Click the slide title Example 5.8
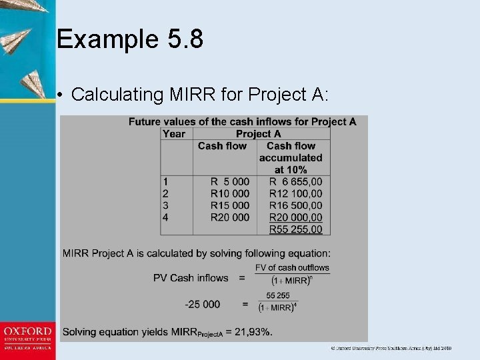pos(130,39)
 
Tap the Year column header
pos(174,133)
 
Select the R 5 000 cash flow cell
pos(230,181)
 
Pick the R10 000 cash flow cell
pos(230,193)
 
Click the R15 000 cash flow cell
pos(230,205)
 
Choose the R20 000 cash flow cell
pos(230,217)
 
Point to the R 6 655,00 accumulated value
pos(295,181)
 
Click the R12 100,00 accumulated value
pos(295,193)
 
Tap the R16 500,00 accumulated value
pos(295,205)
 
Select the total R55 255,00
pos(295,229)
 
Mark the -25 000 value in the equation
pos(202,304)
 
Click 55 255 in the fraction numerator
pos(278,295)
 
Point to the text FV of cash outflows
pos(293,268)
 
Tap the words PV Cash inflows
pos(191,278)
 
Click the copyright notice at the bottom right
pos(392,348)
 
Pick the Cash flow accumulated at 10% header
pos(291,158)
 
